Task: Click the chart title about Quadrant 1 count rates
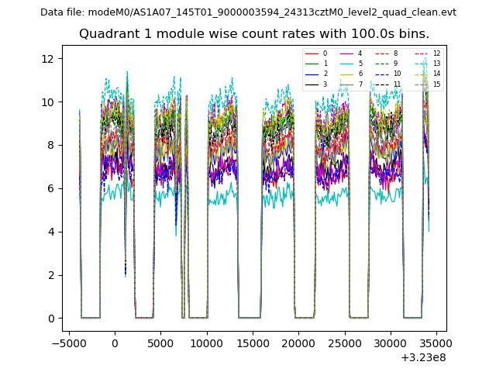(x=253, y=34)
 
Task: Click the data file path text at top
(x=248, y=12)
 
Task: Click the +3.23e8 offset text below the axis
(x=423, y=357)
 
